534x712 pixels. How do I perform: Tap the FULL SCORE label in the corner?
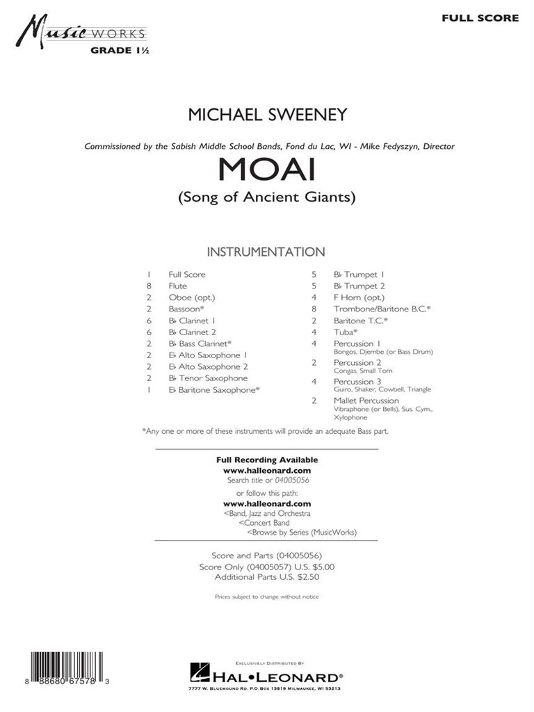[x=480, y=18]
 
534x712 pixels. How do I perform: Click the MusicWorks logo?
[x=83, y=33]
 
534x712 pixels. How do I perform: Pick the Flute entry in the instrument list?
[x=177, y=286]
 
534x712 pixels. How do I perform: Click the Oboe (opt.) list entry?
[x=187, y=297]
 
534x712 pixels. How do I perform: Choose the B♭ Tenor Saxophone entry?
[x=207, y=378]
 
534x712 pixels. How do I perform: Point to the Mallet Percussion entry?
[x=366, y=400]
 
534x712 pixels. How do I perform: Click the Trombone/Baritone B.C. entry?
[x=382, y=309]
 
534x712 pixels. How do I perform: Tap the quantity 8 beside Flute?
[x=149, y=286]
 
